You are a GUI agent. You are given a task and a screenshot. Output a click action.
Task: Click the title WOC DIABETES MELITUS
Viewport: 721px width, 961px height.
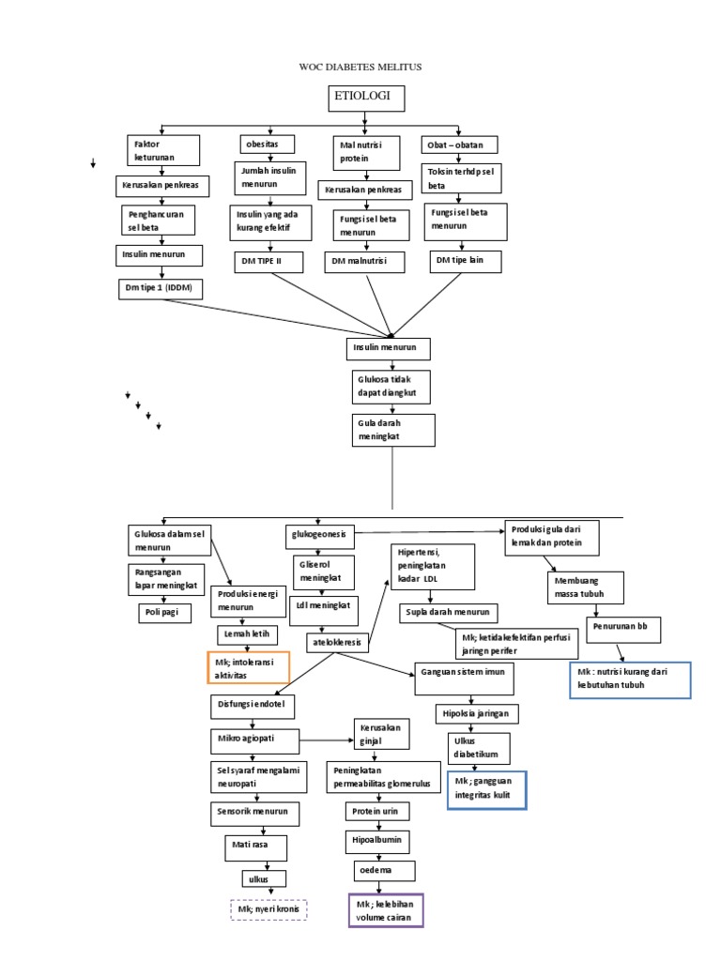[x=360, y=67]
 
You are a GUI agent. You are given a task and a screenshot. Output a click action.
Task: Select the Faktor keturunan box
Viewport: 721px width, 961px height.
[x=164, y=151]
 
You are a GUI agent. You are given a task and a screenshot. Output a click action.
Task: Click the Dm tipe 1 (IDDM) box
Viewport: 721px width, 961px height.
[x=159, y=288]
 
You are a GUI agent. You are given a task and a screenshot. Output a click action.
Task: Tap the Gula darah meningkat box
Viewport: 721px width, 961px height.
[x=393, y=430]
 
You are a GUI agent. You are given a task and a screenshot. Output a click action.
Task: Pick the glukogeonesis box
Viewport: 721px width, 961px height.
[x=319, y=536]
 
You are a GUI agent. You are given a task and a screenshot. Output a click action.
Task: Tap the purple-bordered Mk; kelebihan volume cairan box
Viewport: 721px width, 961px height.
[x=386, y=909]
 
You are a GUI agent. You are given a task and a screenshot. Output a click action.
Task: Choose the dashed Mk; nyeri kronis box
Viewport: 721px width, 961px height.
[x=270, y=909]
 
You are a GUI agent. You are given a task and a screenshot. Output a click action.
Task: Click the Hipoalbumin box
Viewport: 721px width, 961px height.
[x=376, y=841]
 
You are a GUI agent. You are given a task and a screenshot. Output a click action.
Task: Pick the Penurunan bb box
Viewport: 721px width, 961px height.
[x=620, y=625]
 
